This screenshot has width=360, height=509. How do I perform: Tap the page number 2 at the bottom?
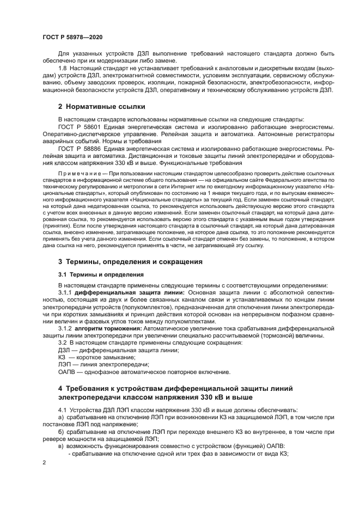coord(44,462)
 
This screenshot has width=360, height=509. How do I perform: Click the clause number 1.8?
coord(62,66)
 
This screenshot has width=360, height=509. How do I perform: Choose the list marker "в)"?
coord(61,446)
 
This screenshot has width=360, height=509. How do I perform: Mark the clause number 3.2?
coord(62,342)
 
